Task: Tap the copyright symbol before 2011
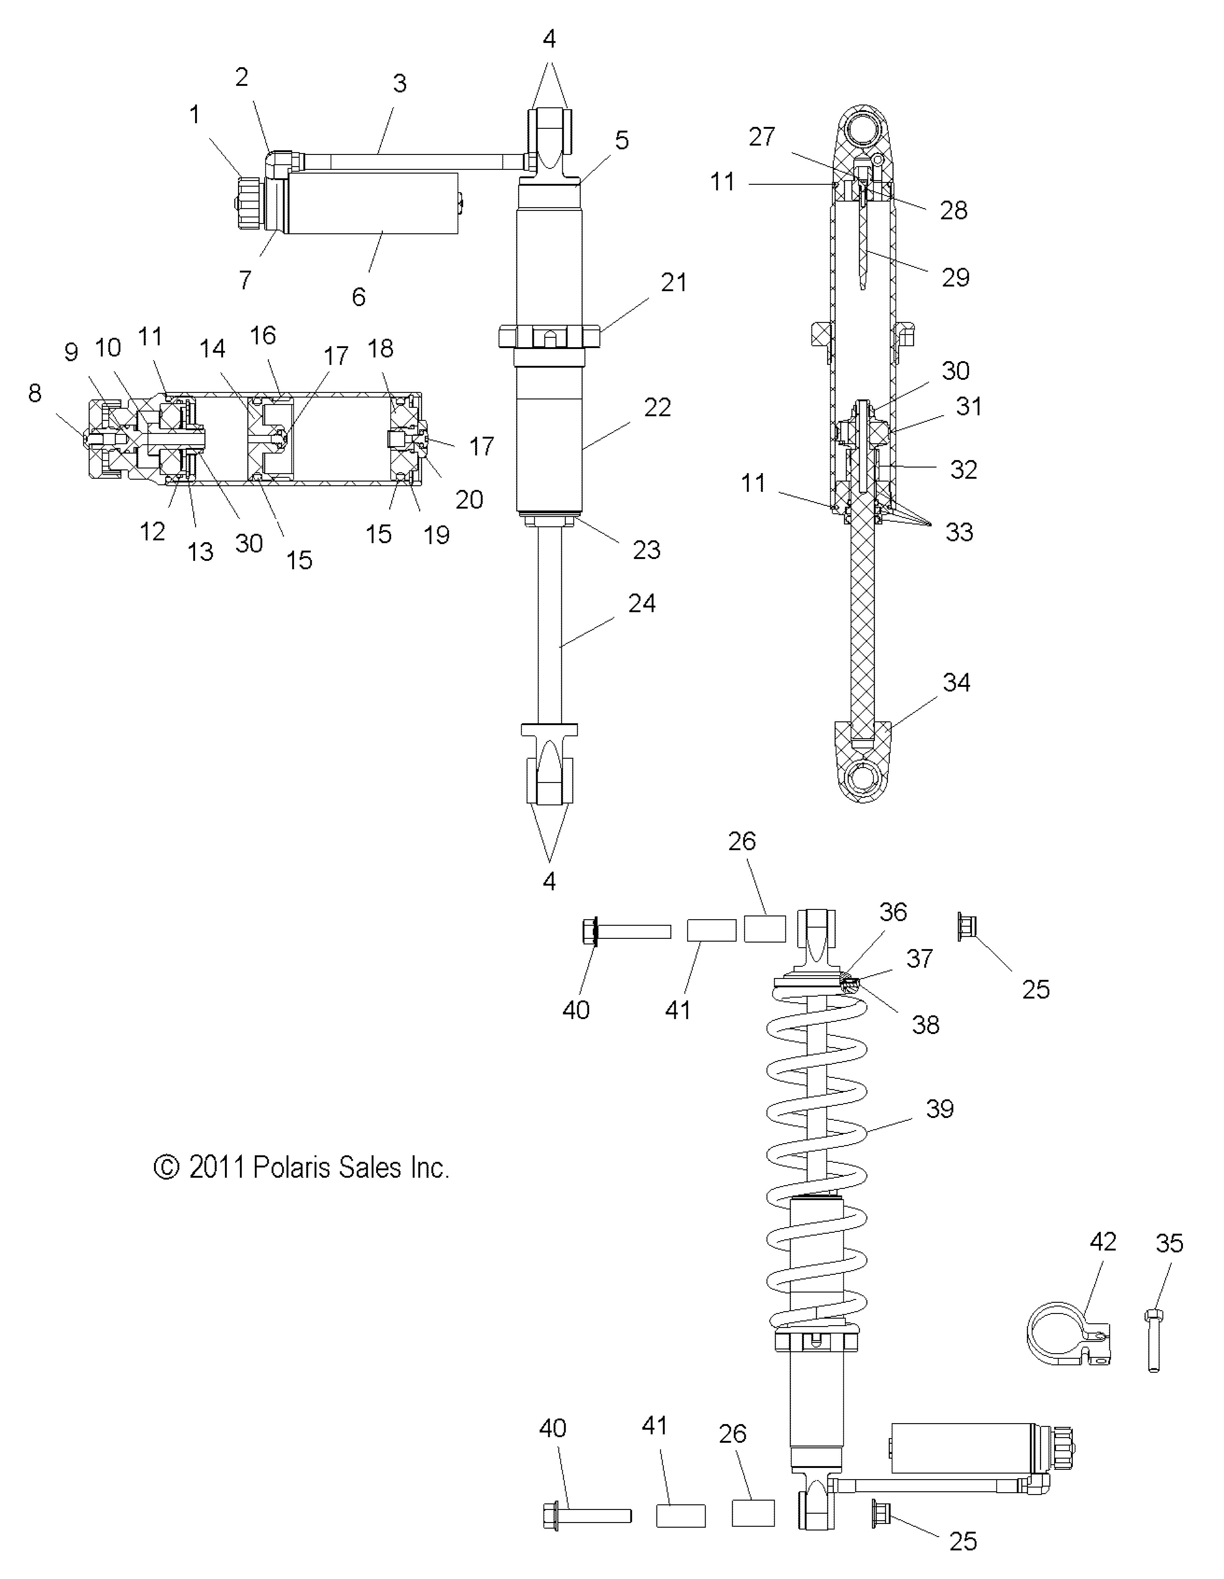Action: [166, 1168]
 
